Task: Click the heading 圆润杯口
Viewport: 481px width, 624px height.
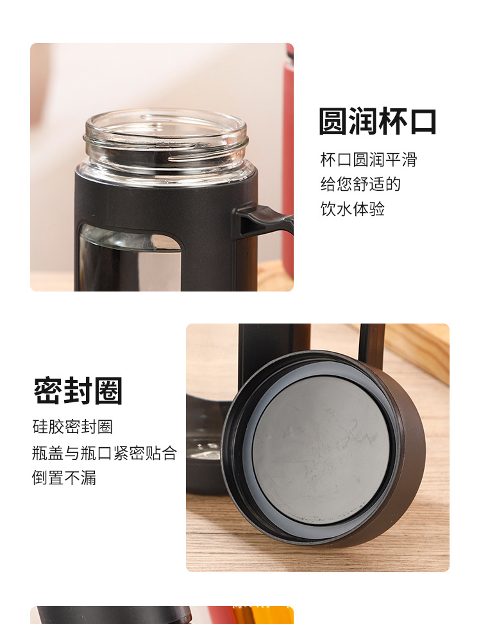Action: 378,122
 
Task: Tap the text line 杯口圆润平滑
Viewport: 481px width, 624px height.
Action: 369,160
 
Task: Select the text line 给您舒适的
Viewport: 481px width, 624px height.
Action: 360,185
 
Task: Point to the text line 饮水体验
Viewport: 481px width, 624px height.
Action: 352,209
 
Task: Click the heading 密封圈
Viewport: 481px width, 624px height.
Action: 78,391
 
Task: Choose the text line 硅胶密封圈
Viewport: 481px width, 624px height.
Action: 72,427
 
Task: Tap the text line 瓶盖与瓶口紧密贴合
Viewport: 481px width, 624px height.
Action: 104,453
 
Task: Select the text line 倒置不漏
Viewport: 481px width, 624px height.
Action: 64,478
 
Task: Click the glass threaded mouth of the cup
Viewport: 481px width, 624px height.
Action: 165,141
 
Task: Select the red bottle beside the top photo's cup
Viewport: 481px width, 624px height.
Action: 289,160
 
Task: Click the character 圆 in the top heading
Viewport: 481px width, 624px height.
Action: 333,122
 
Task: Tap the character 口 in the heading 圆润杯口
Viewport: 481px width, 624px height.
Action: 423,122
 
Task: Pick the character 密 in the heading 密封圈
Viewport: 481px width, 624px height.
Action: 48,391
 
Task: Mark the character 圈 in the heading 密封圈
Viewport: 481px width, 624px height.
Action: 107,391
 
